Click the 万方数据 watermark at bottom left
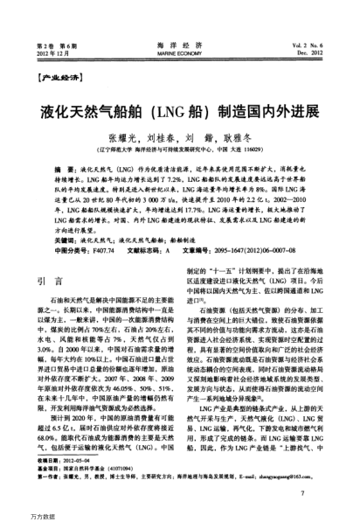coord(17,522)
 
